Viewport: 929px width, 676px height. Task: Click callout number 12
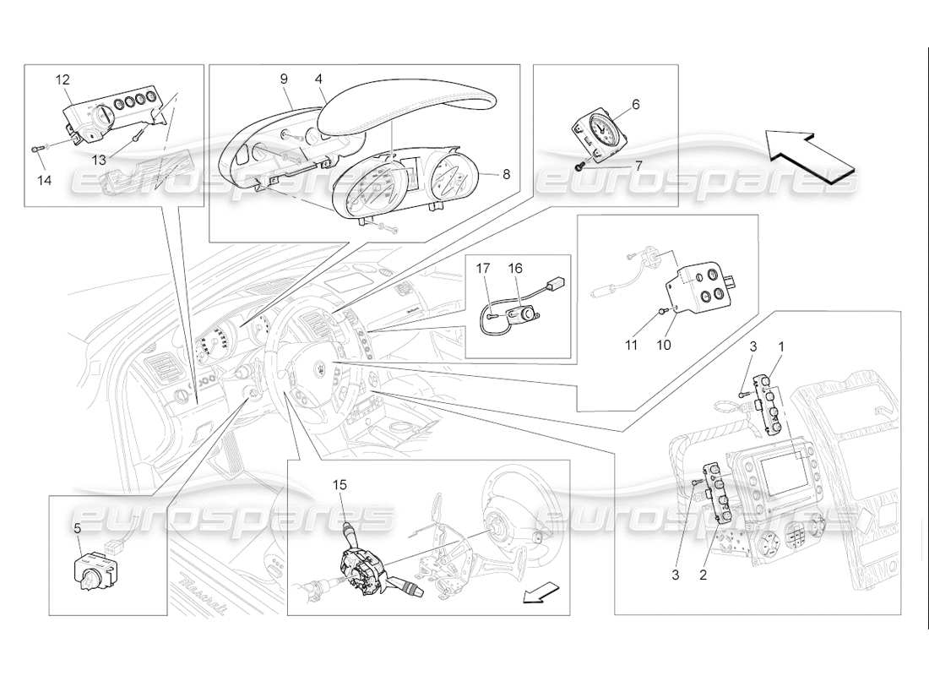point(63,79)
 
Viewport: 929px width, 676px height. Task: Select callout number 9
point(284,79)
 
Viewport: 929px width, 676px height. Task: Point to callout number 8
point(507,175)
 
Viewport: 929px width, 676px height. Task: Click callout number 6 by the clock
point(636,105)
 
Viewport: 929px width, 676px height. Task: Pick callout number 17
point(484,268)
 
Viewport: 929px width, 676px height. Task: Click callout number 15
point(340,485)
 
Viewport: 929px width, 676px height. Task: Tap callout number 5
point(77,528)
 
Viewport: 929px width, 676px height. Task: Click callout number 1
point(781,346)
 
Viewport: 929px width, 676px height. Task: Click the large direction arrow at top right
point(810,156)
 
